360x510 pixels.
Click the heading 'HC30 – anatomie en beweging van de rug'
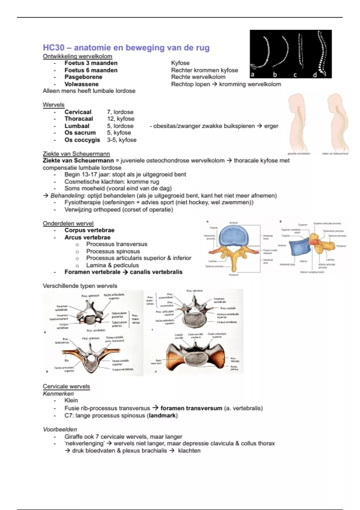pos(126,48)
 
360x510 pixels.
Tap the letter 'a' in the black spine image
pos(253,74)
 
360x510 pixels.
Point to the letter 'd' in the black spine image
pos(315,75)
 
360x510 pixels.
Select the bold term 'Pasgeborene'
pos(83,77)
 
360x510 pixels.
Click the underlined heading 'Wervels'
pos(54,105)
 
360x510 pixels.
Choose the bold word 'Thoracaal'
pos(79,119)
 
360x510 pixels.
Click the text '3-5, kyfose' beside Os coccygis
pos(121,140)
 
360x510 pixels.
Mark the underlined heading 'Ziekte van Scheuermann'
pos(76,154)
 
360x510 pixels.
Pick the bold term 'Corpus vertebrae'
pos(89,230)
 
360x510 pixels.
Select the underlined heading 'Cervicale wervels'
pos(66,386)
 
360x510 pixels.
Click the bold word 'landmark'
pos(162,415)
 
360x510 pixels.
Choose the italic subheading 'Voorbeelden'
pos(60,429)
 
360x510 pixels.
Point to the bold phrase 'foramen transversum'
pos(191,408)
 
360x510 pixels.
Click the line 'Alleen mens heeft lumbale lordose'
pos(89,91)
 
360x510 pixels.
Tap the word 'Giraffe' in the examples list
pos(74,437)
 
